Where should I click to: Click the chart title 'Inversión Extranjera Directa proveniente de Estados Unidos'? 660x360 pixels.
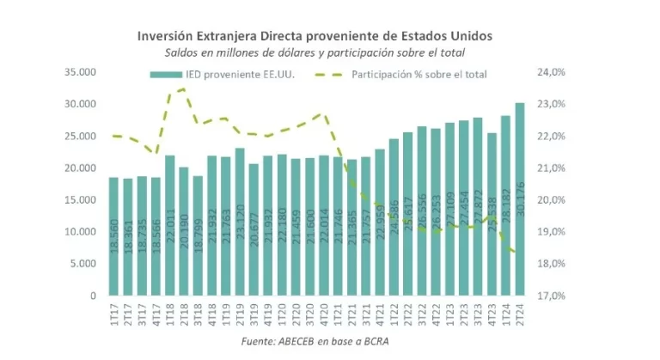click(315, 36)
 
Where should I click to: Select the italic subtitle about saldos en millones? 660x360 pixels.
click(315, 53)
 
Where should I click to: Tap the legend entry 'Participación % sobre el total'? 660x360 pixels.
click(419, 75)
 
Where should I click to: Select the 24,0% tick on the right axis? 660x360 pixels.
click(550, 72)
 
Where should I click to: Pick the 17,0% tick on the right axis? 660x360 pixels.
click(550, 296)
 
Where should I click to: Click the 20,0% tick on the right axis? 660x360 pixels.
click(550, 200)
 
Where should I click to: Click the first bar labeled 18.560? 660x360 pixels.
click(113, 236)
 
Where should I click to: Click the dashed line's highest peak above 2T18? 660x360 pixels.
click(182, 88)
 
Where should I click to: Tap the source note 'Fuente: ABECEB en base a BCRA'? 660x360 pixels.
click(315, 343)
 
